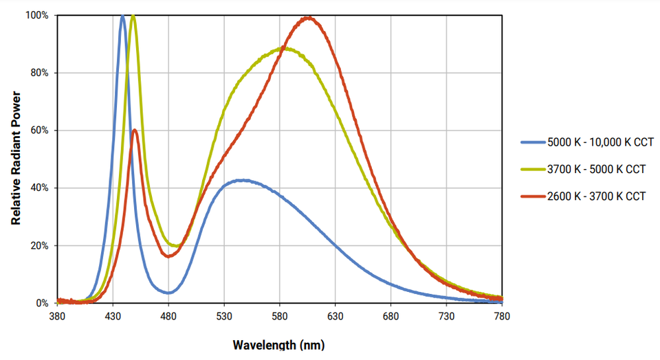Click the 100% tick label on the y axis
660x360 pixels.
(x=37, y=15)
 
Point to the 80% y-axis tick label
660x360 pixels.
(x=39, y=73)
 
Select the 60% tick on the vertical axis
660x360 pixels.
(x=39, y=131)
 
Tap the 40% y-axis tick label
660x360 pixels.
(x=39, y=188)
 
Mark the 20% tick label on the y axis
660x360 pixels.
(x=39, y=246)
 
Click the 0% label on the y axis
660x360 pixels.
(x=42, y=303)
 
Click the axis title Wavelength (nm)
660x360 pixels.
(x=278, y=345)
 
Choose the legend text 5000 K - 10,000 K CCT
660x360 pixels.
(x=596, y=143)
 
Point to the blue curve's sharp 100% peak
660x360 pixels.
(x=122, y=16)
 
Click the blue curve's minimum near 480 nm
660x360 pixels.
(x=168, y=293)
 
